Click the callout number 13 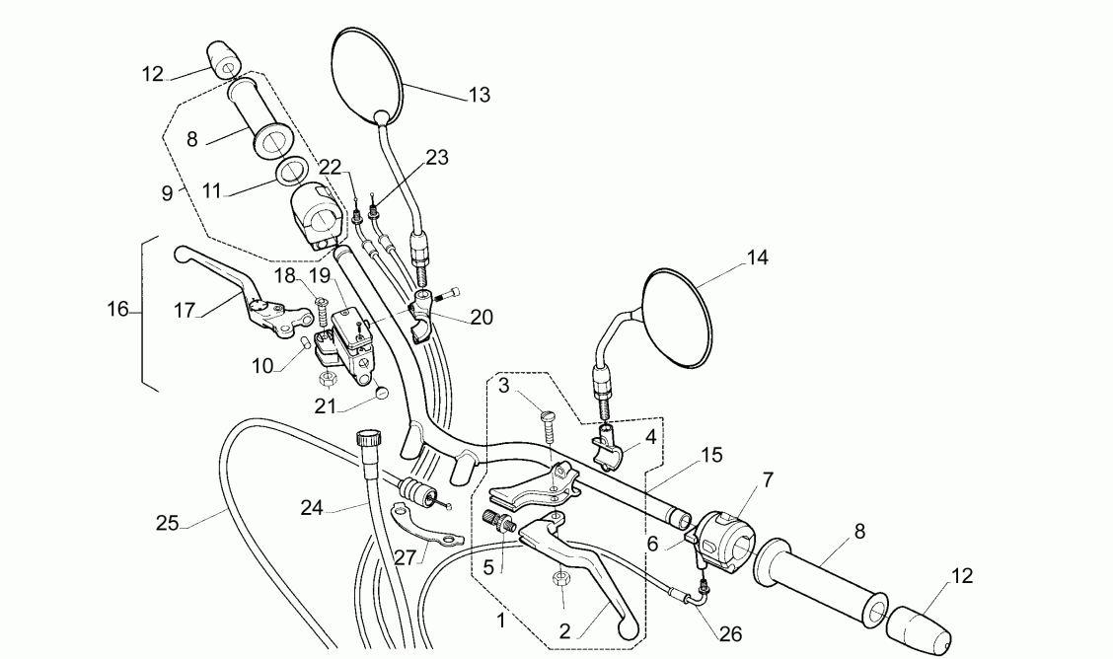coord(479,95)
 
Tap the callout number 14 coord(756,257)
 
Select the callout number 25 coord(167,522)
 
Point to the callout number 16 coord(117,310)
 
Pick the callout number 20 coord(482,317)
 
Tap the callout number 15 coord(711,455)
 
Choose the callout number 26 coord(731,635)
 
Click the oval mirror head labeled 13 coord(366,74)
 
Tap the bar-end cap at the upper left coord(223,58)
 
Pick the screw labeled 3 coord(550,426)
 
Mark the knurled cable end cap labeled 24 coord(370,437)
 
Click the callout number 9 coord(167,193)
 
